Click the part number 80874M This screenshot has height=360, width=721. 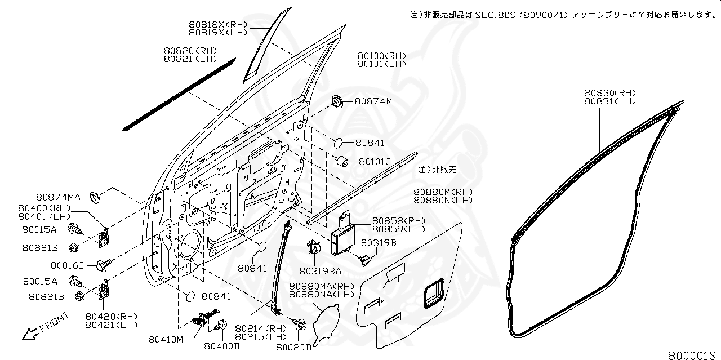point(373,101)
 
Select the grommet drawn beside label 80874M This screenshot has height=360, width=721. point(337,103)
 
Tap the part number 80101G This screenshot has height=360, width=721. point(374,162)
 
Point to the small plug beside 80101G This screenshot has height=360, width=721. point(341,161)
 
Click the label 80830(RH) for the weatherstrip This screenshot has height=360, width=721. point(609,93)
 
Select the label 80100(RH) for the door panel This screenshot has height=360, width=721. point(381,56)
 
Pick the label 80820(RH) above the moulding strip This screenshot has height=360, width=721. point(190,51)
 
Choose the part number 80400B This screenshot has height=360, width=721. point(221,346)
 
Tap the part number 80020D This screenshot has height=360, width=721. point(293,348)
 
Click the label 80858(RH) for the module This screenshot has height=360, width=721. point(399,221)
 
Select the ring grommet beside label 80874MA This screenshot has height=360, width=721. point(95,197)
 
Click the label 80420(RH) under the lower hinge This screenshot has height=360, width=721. point(111,316)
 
